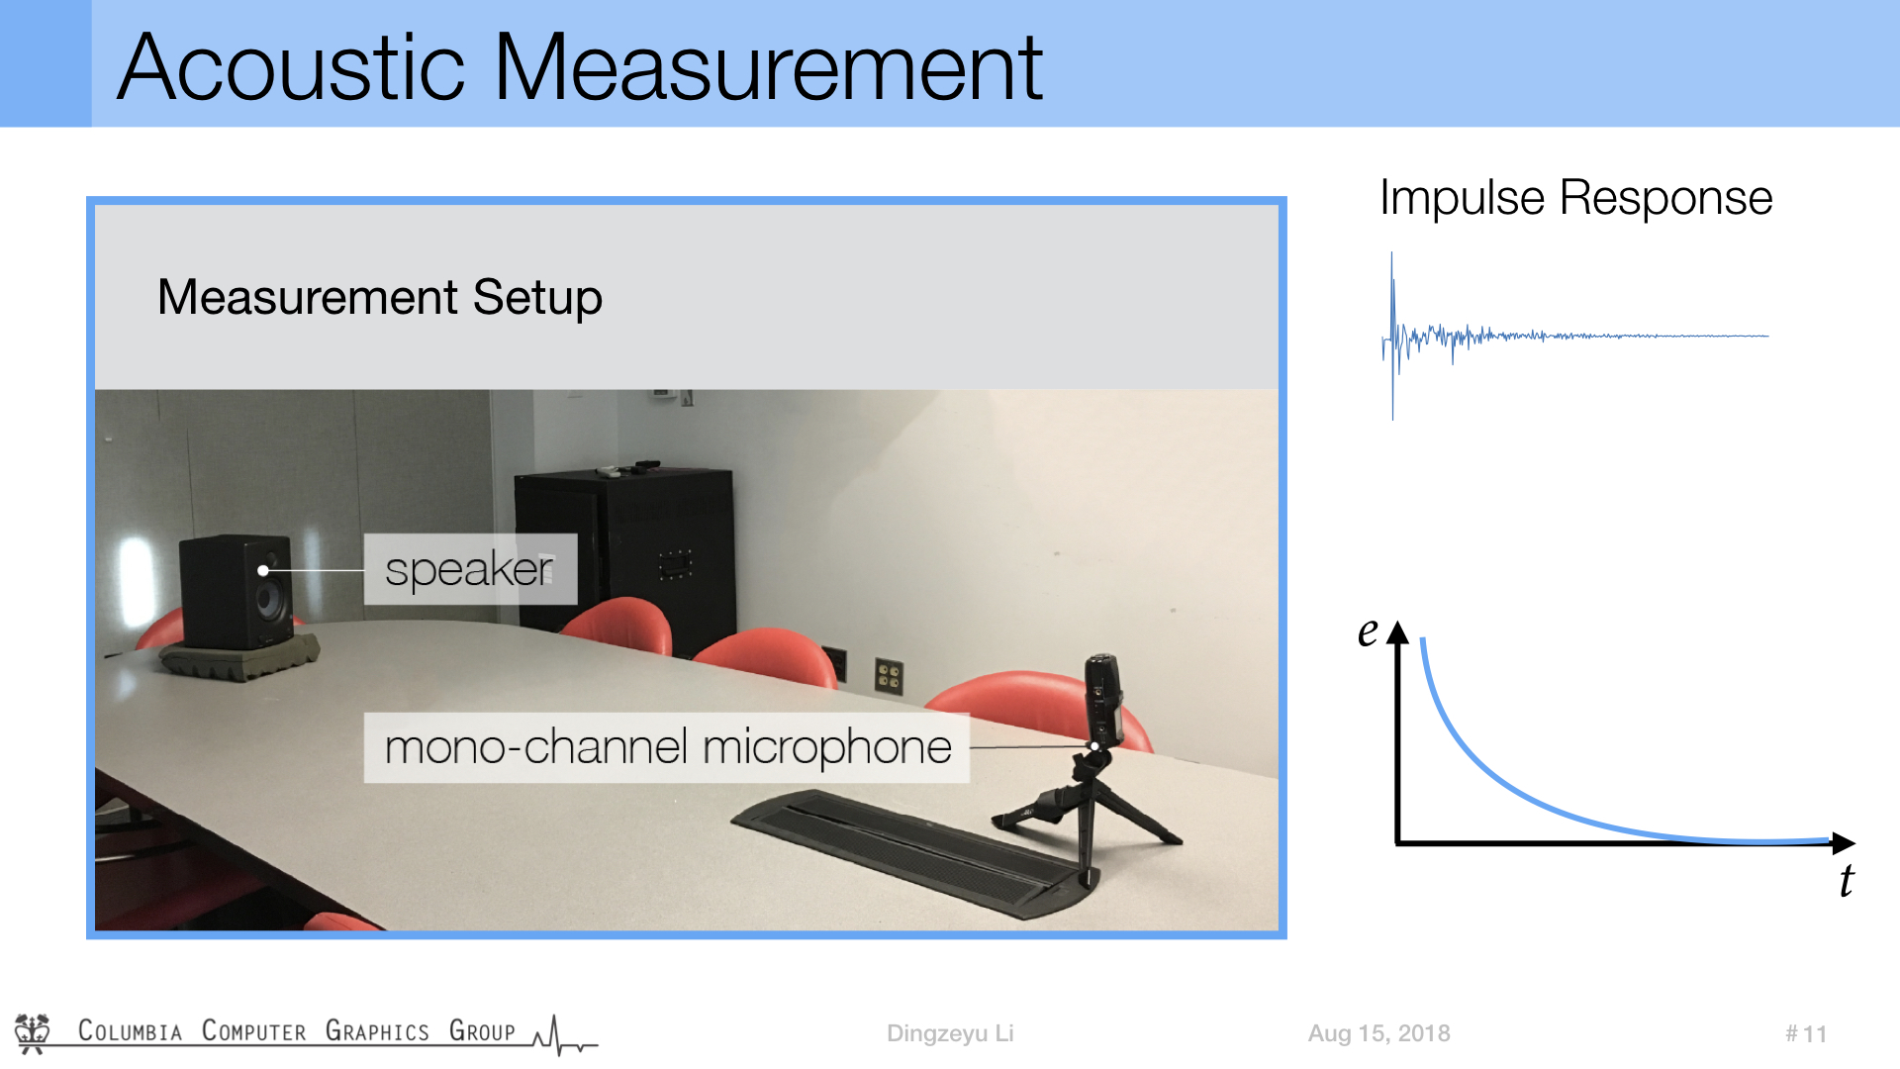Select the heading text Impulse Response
click(1575, 199)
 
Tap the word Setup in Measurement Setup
click(537, 299)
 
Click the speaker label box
click(470, 569)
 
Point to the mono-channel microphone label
click(666, 747)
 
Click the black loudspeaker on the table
click(237, 592)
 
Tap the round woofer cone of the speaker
click(268, 599)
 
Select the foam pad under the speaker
click(240, 657)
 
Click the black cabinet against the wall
click(624, 549)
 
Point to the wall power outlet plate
click(888, 676)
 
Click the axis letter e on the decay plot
click(1368, 632)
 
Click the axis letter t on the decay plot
click(1847, 881)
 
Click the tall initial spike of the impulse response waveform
click(1392, 337)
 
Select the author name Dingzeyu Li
click(950, 1033)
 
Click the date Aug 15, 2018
click(1378, 1033)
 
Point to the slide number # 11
click(1806, 1034)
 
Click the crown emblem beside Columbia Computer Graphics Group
click(33, 1032)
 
